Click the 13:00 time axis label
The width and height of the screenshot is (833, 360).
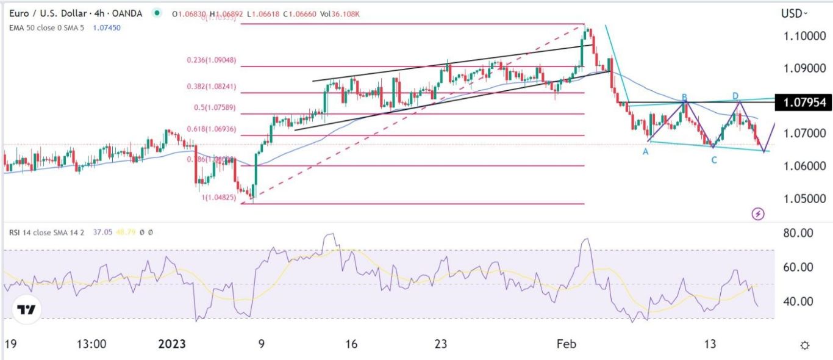click(92, 345)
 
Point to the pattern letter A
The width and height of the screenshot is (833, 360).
click(645, 151)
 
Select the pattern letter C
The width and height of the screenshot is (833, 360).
click(713, 160)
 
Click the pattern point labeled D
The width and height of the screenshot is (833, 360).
click(735, 96)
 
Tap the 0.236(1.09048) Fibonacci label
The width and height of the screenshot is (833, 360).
click(211, 61)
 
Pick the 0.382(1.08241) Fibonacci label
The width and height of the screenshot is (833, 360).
click(211, 87)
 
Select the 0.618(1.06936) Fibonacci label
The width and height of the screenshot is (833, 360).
click(211, 130)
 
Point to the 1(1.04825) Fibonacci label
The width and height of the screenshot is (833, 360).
click(218, 198)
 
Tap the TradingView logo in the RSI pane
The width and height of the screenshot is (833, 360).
click(25, 309)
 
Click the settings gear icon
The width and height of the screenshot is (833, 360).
click(805, 345)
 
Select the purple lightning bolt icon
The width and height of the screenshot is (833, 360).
click(758, 214)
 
